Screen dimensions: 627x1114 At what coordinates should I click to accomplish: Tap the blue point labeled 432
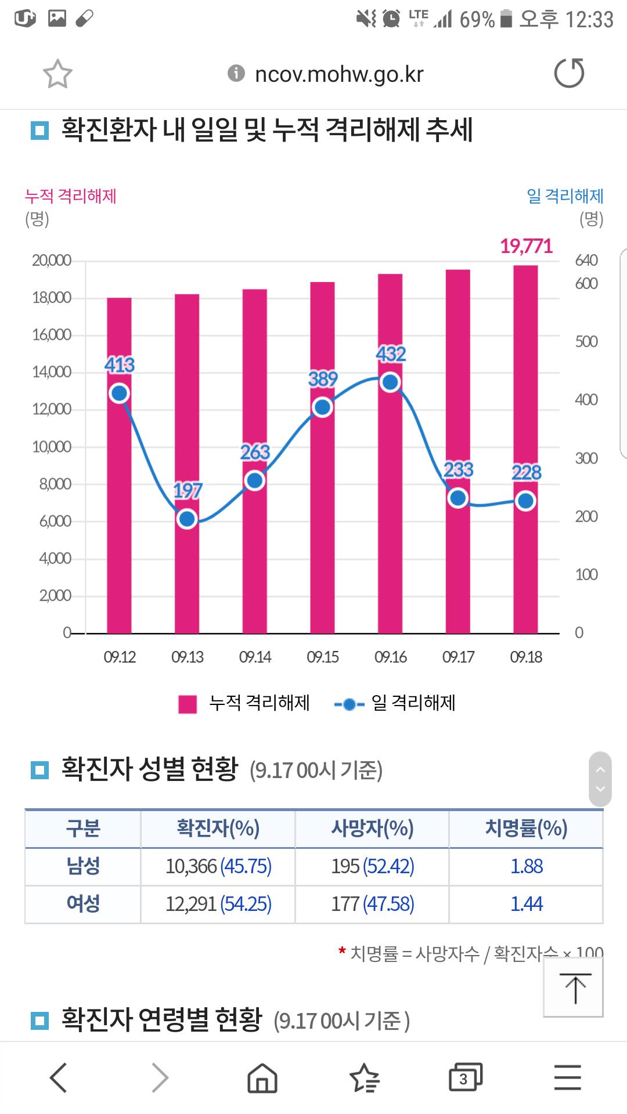coord(391,382)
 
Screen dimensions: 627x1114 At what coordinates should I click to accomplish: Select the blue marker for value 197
coord(187,519)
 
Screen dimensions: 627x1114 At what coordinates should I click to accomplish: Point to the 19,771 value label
coord(526,246)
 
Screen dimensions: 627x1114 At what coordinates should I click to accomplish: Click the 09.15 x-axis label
coord(323,657)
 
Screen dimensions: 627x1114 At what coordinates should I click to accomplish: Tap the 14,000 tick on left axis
coord(52,372)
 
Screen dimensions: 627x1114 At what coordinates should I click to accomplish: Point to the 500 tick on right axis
coord(586,341)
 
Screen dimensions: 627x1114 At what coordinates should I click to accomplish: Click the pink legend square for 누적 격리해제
coord(188,704)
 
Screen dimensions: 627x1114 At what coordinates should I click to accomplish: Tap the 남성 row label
coord(83,866)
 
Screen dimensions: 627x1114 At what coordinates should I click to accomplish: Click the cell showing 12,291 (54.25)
coord(218,903)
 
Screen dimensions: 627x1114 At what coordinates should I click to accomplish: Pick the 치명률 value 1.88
coord(527,866)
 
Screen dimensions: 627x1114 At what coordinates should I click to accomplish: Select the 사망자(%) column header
coord(372,828)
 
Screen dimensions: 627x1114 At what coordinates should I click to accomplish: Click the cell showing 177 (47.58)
coord(373,903)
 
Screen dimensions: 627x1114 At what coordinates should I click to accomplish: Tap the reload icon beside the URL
coord(569,73)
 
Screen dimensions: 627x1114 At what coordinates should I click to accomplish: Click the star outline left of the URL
coord(57,74)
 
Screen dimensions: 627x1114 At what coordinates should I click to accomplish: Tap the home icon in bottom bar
coord(262,1077)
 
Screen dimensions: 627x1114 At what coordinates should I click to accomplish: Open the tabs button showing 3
coord(466,1077)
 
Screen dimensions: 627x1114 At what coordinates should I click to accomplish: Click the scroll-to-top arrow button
coord(574,987)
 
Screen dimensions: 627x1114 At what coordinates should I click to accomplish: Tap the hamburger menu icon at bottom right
coord(568,1077)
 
